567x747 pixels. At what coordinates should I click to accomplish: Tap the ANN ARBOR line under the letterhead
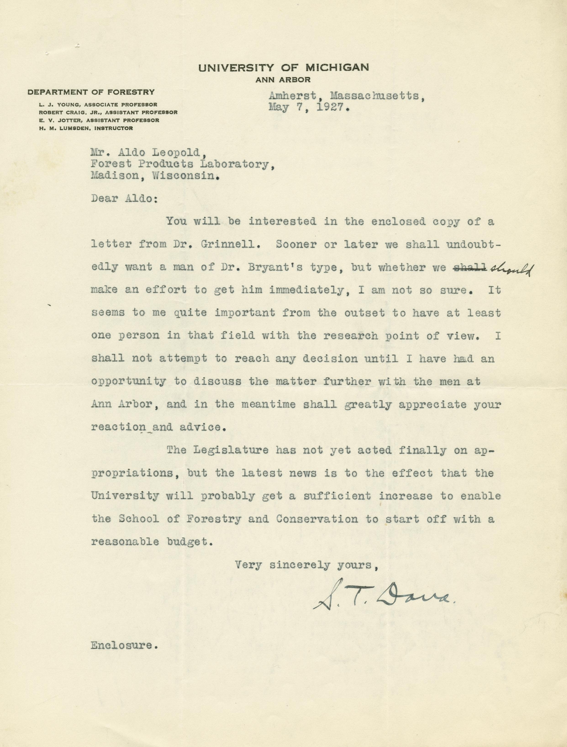click(283, 80)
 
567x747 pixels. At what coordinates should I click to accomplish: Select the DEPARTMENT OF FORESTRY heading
click(92, 92)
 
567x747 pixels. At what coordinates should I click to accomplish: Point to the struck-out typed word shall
click(469, 268)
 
